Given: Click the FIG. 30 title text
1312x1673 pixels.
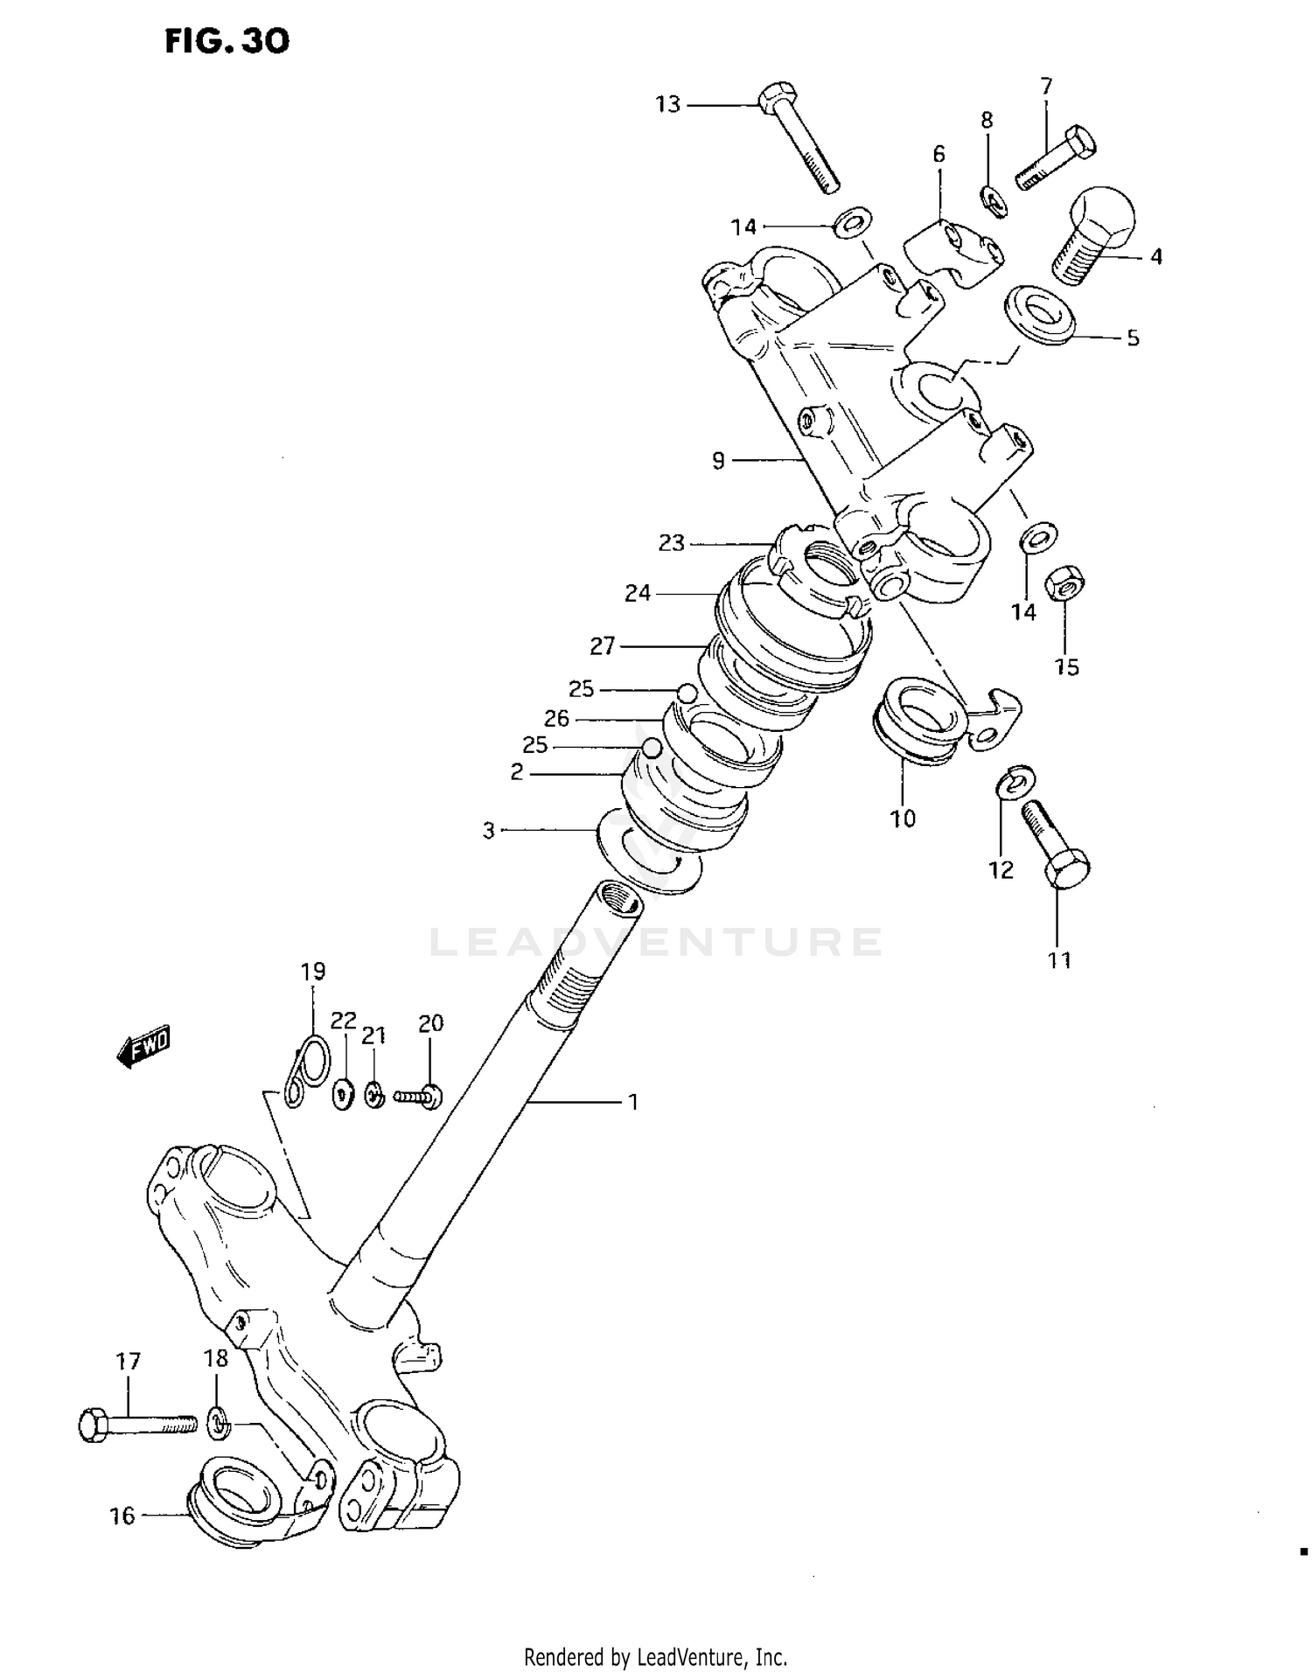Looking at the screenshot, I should click(x=227, y=41).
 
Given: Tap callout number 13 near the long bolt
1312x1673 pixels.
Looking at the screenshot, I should click(x=667, y=105).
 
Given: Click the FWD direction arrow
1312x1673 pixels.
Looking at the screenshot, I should click(x=143, y=1046).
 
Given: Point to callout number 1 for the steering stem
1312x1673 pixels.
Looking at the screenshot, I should click(x=633, y=1103).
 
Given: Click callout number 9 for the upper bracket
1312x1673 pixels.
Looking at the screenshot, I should click(x=718, y=460).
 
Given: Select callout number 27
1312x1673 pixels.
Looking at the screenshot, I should click(x=603, y=646).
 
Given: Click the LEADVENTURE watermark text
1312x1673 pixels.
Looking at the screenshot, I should click(x=656, y=942).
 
